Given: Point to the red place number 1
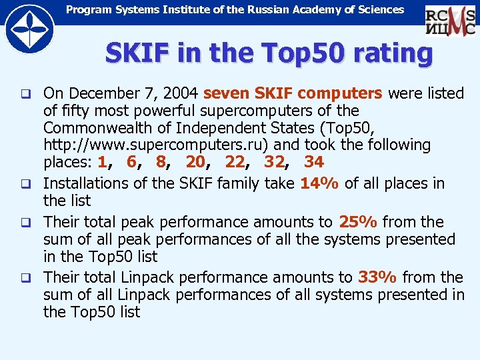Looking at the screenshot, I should tap(102, 161).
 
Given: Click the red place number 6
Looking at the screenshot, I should tap(131, 161).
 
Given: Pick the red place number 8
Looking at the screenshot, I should tap(161, 161).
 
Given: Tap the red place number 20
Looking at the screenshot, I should tap(195, 161).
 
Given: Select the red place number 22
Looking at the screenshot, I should tap(235, 161).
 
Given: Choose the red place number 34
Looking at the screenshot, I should tap(314, 161).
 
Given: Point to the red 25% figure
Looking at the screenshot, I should tap(359, 222).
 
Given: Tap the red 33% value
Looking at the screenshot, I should tap(378, 277).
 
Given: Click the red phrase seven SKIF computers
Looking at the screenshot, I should tap(293, 93).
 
